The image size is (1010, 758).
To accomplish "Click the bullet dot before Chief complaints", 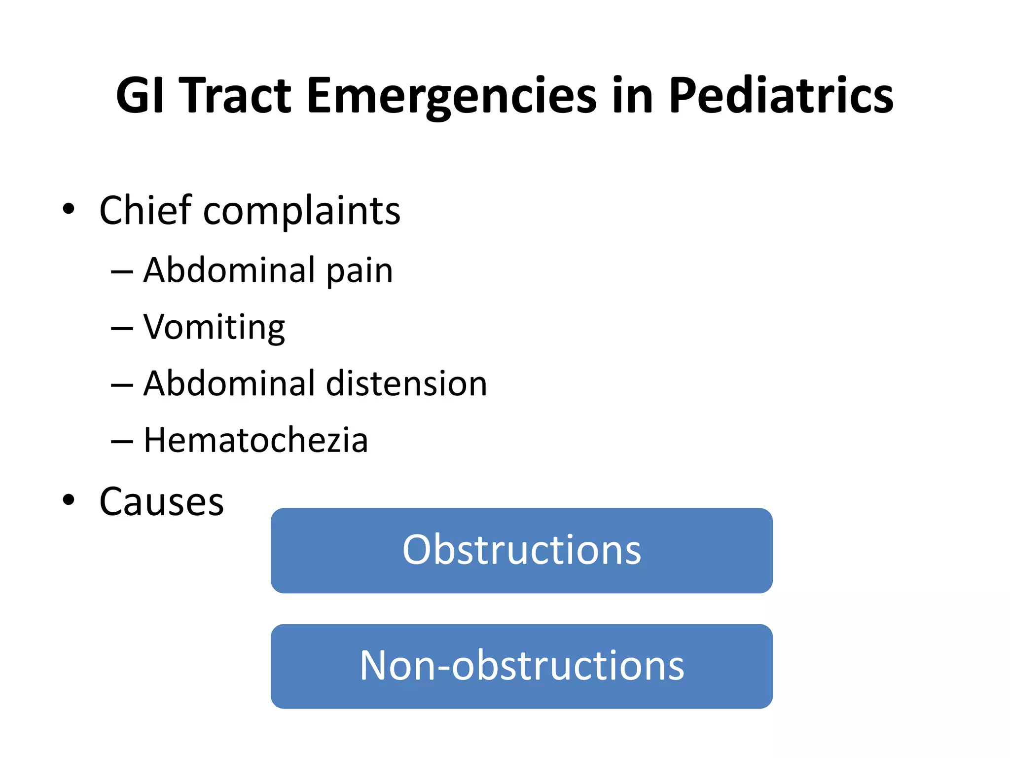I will tap(69, 209).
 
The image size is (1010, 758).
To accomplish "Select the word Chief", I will tap(145, 210).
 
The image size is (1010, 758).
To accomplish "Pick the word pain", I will tap(360, 271).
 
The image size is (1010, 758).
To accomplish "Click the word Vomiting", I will tap(214, 328).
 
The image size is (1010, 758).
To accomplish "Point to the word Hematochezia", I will tap(255, 440).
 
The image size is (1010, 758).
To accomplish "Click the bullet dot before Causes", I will tap(69, 500).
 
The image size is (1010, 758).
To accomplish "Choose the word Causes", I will tap(161, 502).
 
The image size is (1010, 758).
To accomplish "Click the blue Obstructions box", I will tap(521, 550).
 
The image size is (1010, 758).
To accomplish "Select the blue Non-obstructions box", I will tap(521, 666).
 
